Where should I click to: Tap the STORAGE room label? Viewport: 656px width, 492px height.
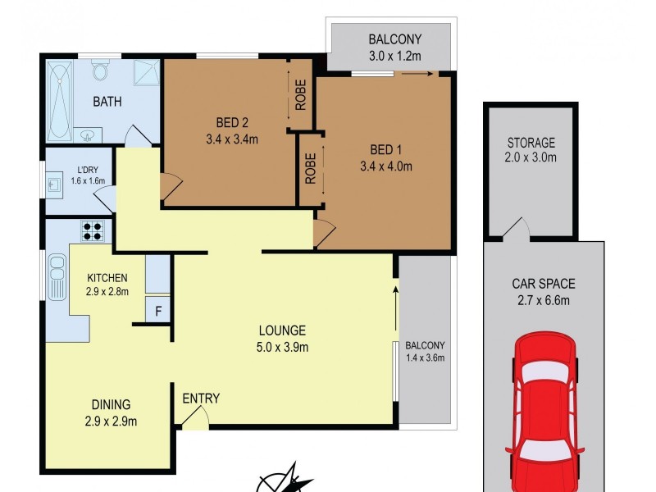[531, 143]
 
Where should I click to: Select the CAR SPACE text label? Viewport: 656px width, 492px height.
[544, 285]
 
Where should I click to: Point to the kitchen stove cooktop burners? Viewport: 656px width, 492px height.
[91, 230]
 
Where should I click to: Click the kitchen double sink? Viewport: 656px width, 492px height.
[57, 277]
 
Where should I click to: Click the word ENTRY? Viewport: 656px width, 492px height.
[201, 399]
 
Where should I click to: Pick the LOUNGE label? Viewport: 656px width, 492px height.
[282, 330]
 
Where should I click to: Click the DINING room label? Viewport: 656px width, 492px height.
[110, 404]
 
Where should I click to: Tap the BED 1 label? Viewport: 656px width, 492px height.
[386, 150]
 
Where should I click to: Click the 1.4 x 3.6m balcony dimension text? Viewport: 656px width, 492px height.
[425, 358]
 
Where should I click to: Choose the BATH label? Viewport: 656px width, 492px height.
[107, 102]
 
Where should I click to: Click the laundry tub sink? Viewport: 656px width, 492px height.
[54, 184]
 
